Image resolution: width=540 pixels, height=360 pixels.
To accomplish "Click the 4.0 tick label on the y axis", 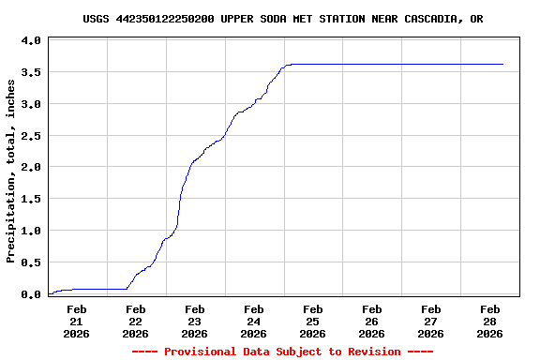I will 30,41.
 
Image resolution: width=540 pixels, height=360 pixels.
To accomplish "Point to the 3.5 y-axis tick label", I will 30,73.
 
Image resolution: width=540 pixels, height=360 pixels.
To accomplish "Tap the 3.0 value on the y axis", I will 30,104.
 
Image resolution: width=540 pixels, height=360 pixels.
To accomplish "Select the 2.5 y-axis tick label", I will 30,136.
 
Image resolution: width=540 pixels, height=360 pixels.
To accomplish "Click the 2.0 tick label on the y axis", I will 30,168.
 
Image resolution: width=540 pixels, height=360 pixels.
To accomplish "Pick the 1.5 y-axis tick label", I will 30,200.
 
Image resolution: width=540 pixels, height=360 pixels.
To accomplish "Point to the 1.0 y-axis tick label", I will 30,231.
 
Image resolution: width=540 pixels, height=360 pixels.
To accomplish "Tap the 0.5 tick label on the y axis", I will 30,262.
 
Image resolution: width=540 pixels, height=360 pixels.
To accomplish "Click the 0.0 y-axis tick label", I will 30,294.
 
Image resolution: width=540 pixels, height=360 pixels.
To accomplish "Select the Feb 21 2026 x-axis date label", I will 77,321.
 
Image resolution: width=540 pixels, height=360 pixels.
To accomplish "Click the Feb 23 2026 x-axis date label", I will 195,321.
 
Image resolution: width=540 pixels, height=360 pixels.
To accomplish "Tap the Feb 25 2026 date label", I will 313,321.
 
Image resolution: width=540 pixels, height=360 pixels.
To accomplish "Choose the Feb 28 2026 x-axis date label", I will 490,321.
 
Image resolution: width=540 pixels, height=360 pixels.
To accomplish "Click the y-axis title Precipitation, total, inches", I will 10,171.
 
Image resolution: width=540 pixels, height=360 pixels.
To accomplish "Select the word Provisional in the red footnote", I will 201,352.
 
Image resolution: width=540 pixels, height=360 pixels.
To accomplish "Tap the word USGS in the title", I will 96,19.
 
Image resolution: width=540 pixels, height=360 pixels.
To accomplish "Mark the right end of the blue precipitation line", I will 503,64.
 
